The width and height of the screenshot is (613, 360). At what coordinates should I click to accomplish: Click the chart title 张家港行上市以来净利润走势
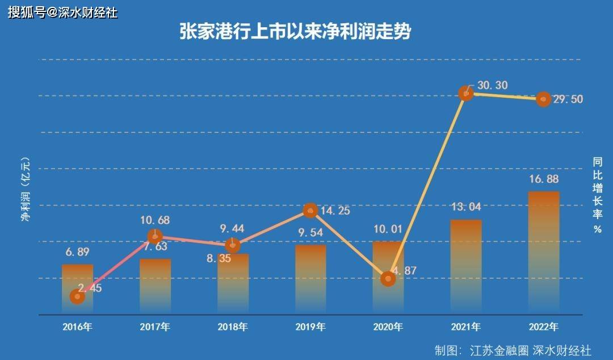pos(295,32)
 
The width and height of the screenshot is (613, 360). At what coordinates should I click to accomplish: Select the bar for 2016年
pos(77,288)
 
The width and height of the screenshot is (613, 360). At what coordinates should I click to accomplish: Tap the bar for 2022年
pos(544,253)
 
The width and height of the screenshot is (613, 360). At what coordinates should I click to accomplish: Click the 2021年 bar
pos(466,267)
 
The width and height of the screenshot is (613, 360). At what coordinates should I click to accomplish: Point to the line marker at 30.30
pos(466,93)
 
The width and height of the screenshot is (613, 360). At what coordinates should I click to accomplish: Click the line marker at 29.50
pos(544,99)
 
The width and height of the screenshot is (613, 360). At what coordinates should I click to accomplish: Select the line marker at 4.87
pos(388,278)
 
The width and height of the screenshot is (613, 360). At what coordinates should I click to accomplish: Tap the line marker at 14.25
pos(310,210)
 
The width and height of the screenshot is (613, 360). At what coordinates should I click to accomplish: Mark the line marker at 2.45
pos(77,296)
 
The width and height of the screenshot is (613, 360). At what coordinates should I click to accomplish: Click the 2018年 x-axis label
pos(233,327)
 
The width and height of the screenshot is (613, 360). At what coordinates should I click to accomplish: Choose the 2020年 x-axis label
pos(388,327)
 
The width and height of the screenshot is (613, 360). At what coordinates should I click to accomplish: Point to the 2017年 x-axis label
pos(155,327)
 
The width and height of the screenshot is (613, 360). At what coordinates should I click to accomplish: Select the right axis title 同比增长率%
pos(597,195)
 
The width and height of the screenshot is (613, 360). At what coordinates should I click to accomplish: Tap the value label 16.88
pos(544,180)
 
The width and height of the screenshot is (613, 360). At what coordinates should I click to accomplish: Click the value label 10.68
pos(155,220)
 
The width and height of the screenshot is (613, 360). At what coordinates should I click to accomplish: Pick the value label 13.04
pos(466,207)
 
